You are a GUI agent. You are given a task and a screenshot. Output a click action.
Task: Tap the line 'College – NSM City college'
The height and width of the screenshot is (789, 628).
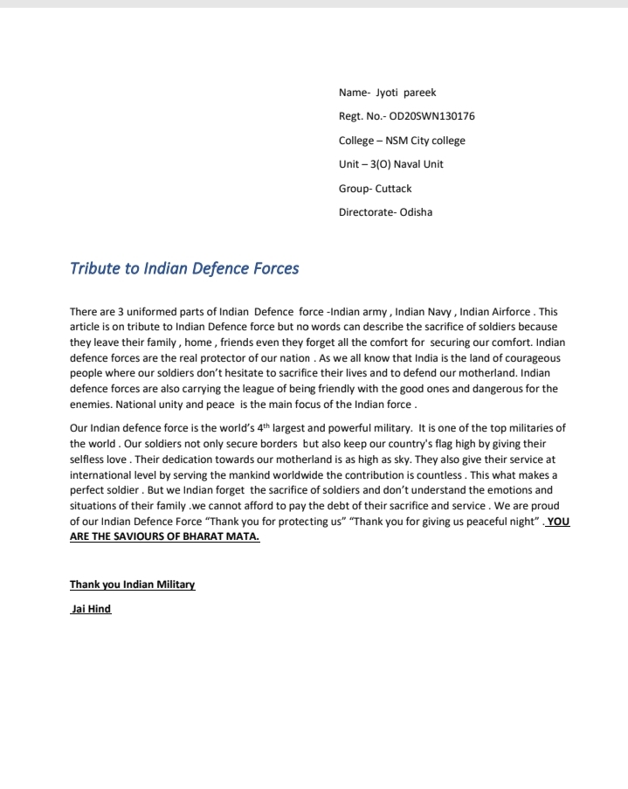(x=402, y=141)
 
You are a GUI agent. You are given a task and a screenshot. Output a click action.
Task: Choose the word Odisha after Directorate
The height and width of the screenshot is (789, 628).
(x=416, y=211)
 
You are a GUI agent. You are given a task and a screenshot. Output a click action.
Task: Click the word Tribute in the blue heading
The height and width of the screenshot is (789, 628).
(x=93, y=268)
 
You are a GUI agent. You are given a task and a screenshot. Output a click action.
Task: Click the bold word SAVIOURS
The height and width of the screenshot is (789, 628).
(x=148, y=537)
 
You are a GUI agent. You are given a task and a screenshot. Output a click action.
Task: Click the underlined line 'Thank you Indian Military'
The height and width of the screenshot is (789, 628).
(x=133, y=585)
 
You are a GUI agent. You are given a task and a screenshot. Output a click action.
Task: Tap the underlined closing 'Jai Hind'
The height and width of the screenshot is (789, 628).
(x=92, y=609)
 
